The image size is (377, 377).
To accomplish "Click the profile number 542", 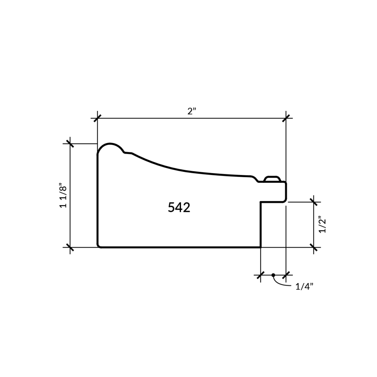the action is pyautogui.click(x=179, y=207).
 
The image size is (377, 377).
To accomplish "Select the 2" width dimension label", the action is pyautogui.click(x=192, y=111).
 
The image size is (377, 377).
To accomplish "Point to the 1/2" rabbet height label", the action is pyautogui.click(x=322, y=225).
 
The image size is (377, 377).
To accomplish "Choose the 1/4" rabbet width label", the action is pyautogui.click(x=304, y=287).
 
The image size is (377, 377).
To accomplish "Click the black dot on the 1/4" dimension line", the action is pyautogui.click(x=273, y=275).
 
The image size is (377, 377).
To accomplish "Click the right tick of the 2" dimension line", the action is pyautogui.click(x=286, y=118).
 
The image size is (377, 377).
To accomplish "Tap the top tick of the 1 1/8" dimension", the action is pyautogui.click(x=70, y=144).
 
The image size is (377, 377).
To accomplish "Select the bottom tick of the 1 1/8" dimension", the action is pyautogui.click(x=70, y=247).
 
